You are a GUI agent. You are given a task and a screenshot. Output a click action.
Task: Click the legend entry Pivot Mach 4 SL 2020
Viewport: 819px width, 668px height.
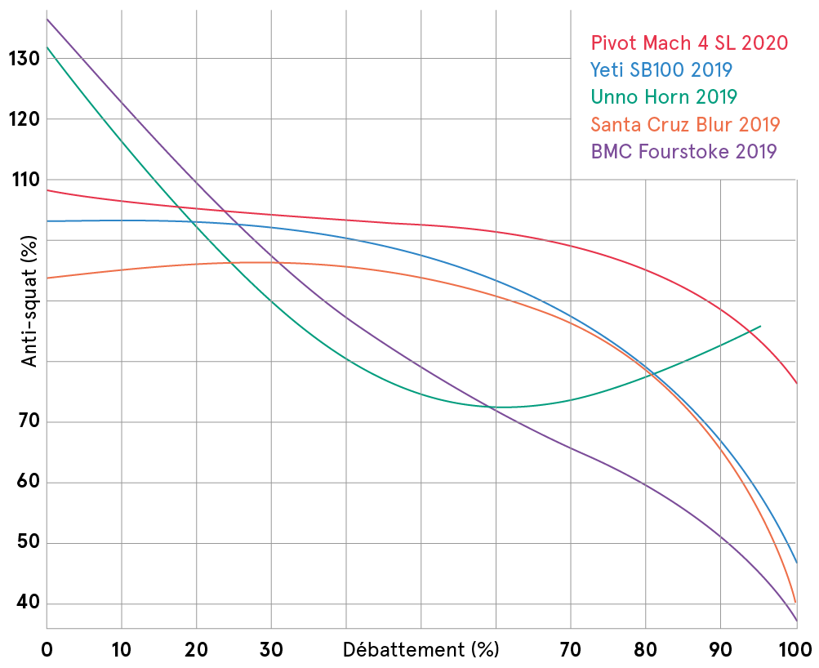pos(689,42)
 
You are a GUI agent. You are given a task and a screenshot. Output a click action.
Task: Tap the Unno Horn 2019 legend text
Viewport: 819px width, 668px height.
pos(664,96)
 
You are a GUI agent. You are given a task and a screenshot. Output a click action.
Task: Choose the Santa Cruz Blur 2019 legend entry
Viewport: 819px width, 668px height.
pos(685,124)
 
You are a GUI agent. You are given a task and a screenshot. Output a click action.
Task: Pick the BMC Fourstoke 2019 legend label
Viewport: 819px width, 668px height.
pos(683,151)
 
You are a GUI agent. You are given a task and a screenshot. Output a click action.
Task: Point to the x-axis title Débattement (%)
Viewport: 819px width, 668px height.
pos(420,650)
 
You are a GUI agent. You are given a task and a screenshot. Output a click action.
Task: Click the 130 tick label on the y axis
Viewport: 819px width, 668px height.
pos(21,59)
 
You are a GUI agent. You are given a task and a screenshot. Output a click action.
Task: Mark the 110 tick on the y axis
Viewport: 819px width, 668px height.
pos(21,180)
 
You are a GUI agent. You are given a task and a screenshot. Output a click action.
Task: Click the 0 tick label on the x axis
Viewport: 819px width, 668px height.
pos(47,650)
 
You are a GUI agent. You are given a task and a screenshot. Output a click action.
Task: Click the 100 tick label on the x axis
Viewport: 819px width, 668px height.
pos(795,650)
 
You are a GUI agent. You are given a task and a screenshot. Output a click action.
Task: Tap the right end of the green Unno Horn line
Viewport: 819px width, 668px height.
pos(761,326)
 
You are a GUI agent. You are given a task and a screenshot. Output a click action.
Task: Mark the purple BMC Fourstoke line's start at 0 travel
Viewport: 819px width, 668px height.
pos(47,18)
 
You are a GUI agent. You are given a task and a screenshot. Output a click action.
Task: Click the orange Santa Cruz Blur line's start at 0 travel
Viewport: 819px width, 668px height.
pos(47,278)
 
